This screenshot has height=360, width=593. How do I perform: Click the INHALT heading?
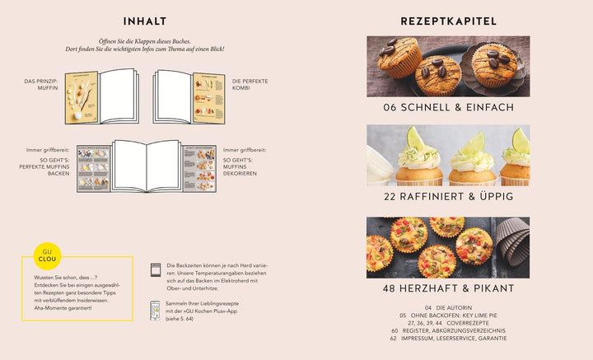tap(144, 21)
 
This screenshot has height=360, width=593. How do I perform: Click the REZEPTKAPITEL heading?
tap(448, 21)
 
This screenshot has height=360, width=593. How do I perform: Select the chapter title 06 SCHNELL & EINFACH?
tap(448, 107)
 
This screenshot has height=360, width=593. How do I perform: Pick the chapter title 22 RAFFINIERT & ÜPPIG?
tap(448, 197)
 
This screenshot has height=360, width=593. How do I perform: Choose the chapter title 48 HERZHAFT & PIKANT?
tap(448, 288)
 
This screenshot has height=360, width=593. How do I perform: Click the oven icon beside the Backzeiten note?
tap(155, 269)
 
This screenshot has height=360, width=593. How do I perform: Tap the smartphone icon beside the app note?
tap(155, 310)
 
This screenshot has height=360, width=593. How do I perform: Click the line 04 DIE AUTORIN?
tap(448, 307)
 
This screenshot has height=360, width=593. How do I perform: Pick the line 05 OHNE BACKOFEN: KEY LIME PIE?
tap(448, 315)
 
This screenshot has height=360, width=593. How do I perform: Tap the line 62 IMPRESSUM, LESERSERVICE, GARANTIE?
tap(448, 338)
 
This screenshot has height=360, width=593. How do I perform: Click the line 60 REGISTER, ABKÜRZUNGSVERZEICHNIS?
tap(448, 330)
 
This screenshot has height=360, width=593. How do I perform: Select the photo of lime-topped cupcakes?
tap(448, 155)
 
